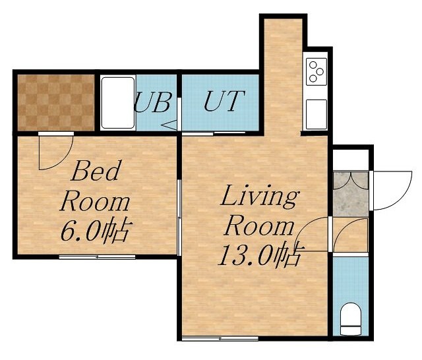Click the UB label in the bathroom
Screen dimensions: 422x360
153,102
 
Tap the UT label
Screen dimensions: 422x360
224,101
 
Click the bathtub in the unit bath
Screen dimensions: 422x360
118,103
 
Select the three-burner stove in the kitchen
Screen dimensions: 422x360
316,72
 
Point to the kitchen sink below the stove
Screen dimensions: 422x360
316,114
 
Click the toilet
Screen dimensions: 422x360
350,319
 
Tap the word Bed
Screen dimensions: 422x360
95,171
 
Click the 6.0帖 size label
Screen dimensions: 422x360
97,231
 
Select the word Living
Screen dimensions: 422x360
260,196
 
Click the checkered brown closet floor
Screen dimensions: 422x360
56,102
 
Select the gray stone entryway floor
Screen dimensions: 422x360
350,194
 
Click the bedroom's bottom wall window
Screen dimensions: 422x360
97,257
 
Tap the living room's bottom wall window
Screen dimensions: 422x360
220,338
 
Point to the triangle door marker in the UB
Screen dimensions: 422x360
169,125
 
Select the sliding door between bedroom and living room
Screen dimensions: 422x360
179,218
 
